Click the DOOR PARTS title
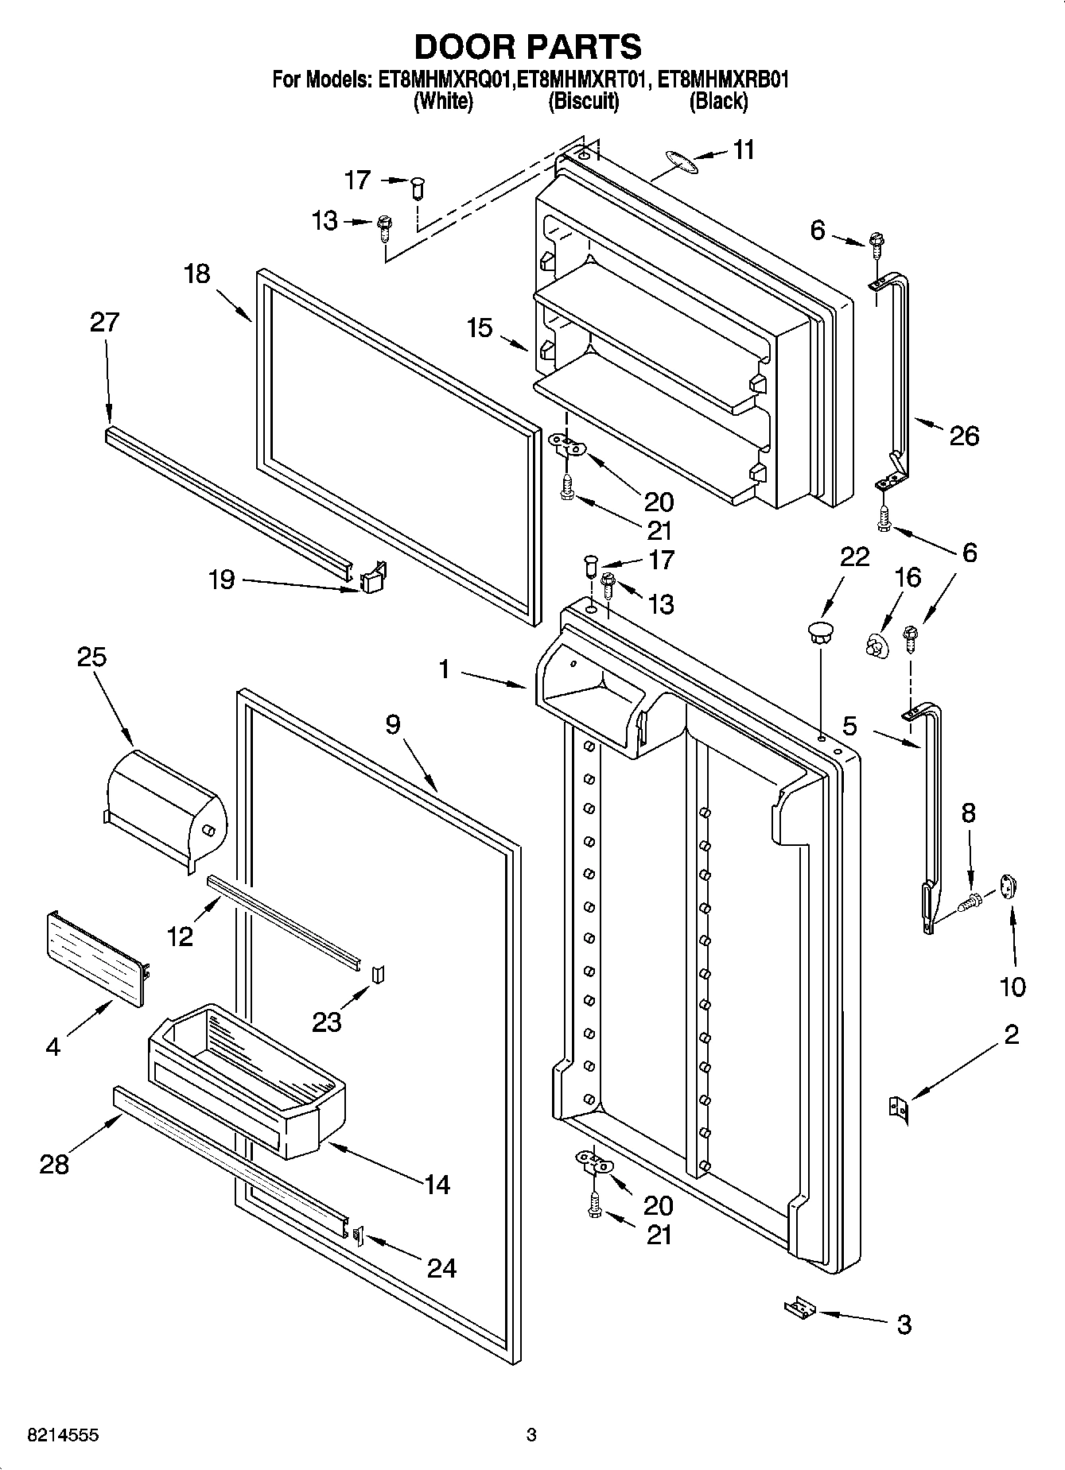528,47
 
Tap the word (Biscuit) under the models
583,101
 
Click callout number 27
104,322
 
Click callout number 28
55,1165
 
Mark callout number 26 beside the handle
963,435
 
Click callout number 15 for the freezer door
480,327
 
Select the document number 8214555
63,1436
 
